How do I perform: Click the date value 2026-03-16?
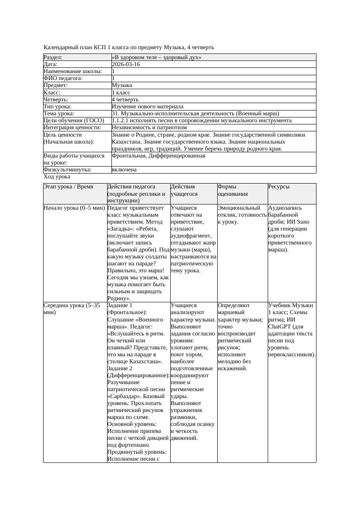coord(126,64)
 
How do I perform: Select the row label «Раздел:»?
coord(53,57)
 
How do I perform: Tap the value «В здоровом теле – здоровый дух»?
coord(156,57)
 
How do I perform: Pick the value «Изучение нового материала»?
coord(148,107)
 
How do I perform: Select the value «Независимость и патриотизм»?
coord(149,127)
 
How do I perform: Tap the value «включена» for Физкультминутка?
coord(124,170)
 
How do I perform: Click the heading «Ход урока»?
coord(57,177)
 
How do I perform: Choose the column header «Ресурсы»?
coord(279,187)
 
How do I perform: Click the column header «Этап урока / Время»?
coord(68,187)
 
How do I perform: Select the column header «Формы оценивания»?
coord(233,190)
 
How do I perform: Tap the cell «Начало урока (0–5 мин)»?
coord(74,208)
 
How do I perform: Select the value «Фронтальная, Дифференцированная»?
coord(158,156)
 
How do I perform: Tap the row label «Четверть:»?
coord(56,100)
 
